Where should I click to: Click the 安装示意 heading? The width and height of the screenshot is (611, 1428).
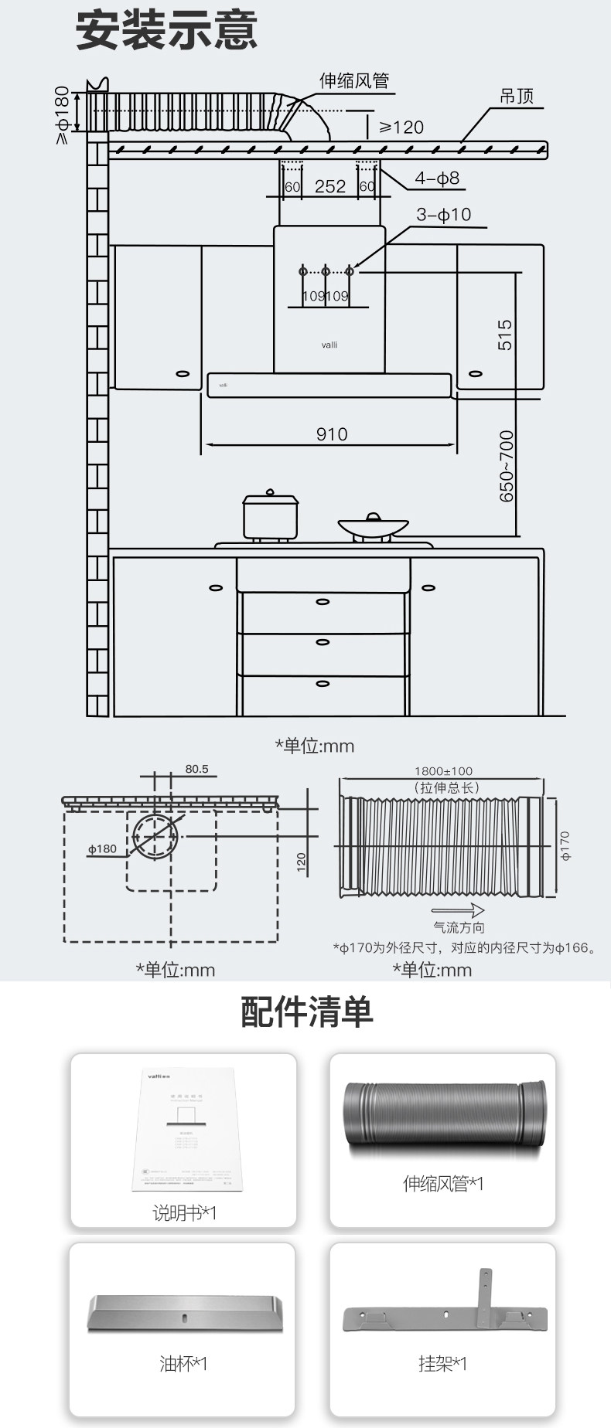[x=166, y=32]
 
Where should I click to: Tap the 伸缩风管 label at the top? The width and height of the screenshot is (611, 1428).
[x=354, y=81]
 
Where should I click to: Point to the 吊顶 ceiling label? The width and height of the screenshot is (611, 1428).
[x=517, y=96]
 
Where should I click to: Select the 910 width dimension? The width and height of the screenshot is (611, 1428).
[x=331, y=434]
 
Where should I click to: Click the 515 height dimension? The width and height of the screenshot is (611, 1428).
[x=504, y=335]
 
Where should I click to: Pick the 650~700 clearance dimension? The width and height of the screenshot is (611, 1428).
[x=506, y=466]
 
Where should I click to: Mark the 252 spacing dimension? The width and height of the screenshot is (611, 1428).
[x=330, y=186]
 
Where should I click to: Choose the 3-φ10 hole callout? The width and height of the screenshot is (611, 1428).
[x=444, y=215]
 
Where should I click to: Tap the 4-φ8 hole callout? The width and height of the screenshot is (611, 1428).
[x=437, y=178]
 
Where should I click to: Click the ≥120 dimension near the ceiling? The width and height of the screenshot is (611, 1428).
[x=401, y=127]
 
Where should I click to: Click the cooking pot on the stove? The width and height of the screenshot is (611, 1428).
[x=270, y=515]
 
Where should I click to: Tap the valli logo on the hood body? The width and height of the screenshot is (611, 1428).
[x=329, y=345]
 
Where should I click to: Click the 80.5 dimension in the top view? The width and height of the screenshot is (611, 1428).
[x=196, y=770]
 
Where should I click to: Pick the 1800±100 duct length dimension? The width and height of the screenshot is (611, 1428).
[x=443, y=771]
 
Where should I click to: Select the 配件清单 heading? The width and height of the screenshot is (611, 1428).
[x=306, y=1011]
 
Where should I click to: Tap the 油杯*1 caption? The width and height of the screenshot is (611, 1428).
[x=183, y=1364]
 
